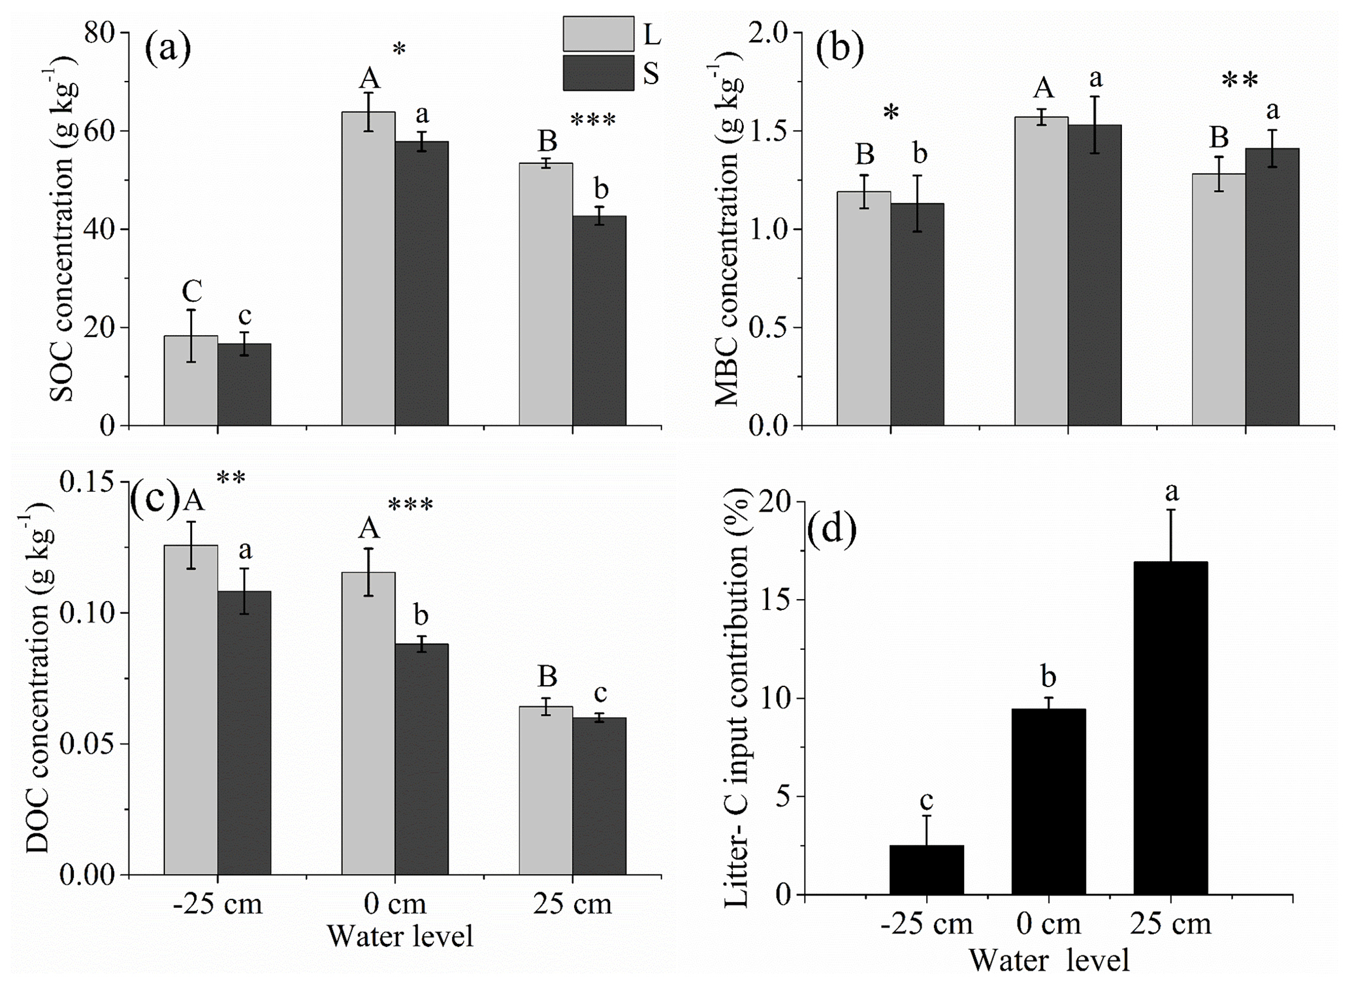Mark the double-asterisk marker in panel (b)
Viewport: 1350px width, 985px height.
(1239, 82)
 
